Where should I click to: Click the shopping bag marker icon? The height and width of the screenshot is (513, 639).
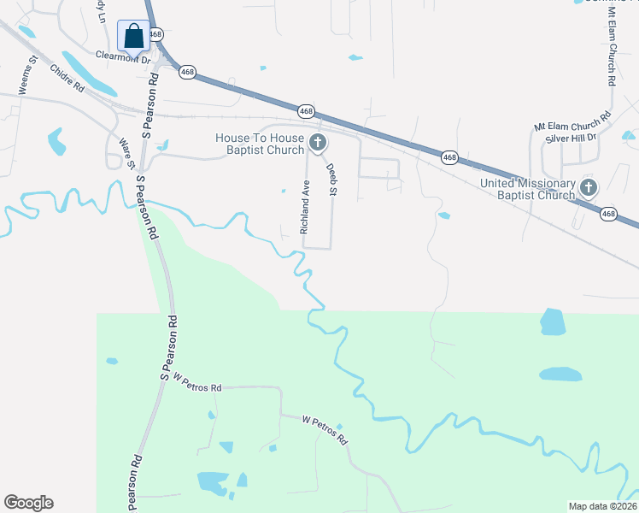pos(132,36)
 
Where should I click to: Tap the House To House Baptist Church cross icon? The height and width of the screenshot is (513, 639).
pos(318,142)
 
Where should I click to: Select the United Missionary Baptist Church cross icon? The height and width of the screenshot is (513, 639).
pos(588,188)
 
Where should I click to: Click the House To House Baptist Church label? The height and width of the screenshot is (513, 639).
pos(260,144)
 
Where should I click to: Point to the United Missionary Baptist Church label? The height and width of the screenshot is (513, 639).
pos(527,189)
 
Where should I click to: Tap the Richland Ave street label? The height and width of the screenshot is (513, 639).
pos(304,207)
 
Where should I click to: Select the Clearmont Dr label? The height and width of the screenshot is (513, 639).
pos(123,58)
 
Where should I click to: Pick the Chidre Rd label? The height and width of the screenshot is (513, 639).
pos(67,79)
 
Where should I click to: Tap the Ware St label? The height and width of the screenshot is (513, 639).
pos(129,154)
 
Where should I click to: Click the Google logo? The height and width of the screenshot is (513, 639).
pos(28,503)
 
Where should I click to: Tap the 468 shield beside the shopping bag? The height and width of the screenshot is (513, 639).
pos(155,34)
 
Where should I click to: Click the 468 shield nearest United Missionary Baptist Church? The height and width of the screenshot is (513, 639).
pos(608,214)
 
